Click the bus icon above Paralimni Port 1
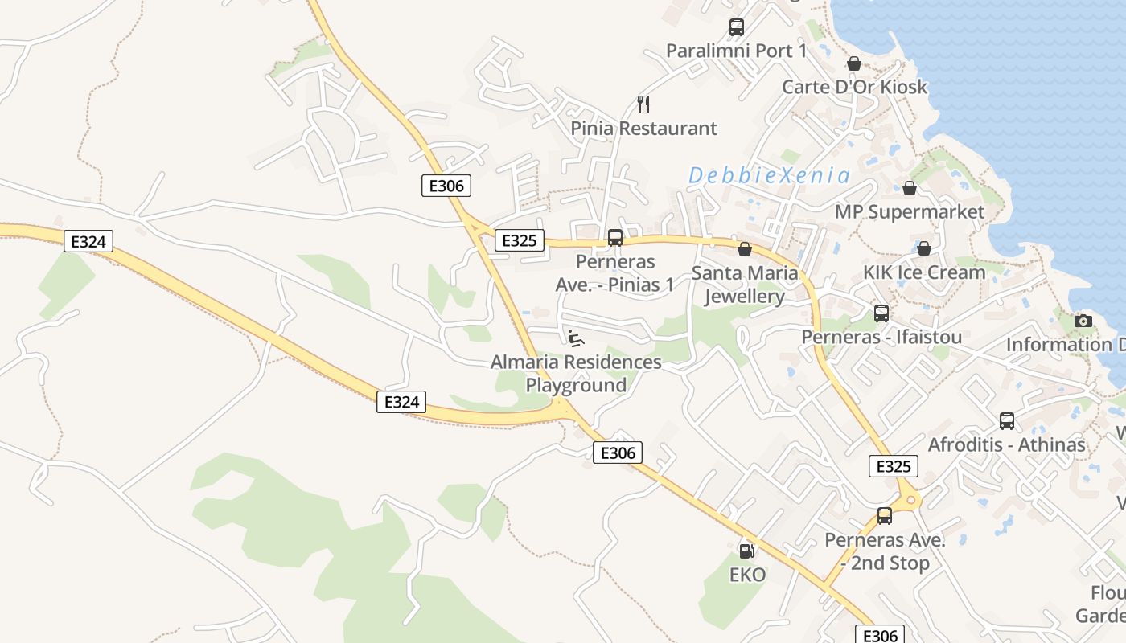coord(736,27)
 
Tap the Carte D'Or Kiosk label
coord(855,87)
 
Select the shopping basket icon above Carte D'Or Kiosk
coord(854,63)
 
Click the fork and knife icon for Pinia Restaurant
coord(643,104)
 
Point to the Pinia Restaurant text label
coord(643,128)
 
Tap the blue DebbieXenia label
coord(769,175)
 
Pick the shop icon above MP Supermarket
coord(910,188)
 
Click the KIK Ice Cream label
coord(924,272)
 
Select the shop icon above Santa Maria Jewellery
coord(745,249)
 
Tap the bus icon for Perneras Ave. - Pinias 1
coord(615,238)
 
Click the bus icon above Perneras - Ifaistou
coord(881,313)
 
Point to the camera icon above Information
coord(1083,321)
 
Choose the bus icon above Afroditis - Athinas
coord(1006,421)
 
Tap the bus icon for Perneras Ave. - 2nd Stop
coord(885,516)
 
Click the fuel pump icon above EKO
coord(746,551)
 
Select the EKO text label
coord(747,575)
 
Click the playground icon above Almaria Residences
coord(576,338)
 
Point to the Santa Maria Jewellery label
coord(745,285)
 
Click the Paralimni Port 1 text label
coord(736,51)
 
